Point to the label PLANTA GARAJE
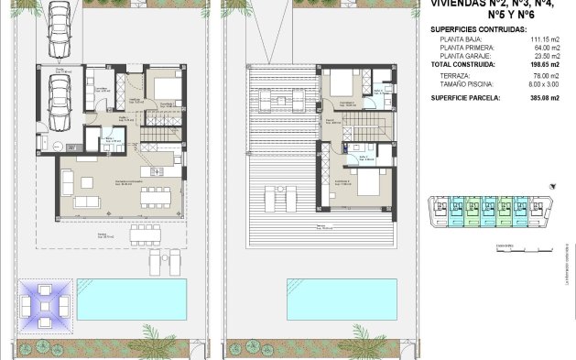(x=467, y=57)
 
